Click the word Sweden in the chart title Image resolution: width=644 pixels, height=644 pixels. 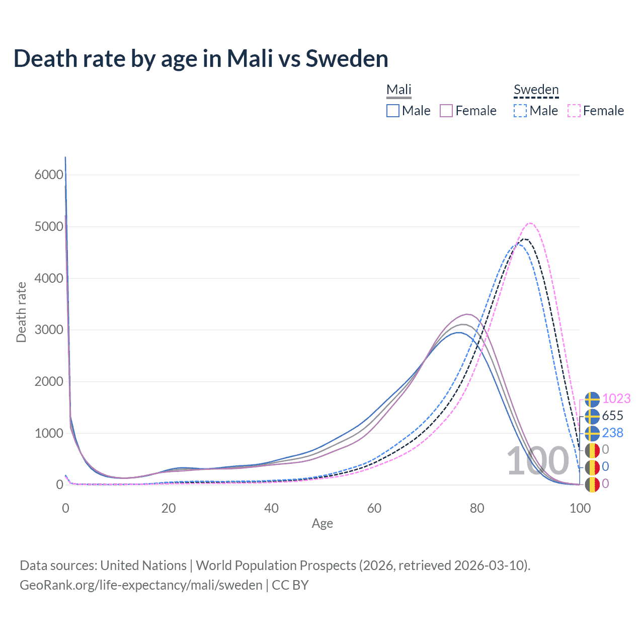pyautogui.click(x=347, y=59)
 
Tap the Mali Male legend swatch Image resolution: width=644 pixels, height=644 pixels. pyautogui.click(x=393, y=111)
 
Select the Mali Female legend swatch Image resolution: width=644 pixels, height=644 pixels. pyautogui.click(x=446, y=111)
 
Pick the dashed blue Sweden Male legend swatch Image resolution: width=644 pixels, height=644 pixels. pyautogui.click(x=520, y=111)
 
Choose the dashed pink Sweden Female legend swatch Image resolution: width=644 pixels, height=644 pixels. pyautogui.click(x=574, y=111)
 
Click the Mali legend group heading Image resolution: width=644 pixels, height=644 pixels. pyautogui.click(x=399, y=90)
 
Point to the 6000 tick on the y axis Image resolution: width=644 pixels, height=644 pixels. pyautogui.click(x=49, y=175)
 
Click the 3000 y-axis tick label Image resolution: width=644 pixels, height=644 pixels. pyautogui.click(x=49, y=330)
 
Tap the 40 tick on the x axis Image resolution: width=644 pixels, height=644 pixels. pyautogui.click(x=271, y=508)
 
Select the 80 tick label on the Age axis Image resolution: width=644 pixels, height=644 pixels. pyautogui.click(x=477, y=508)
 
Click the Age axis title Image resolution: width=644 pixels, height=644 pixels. pyautogui.click(x=322, y=524)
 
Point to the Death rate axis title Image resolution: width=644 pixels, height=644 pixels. pyautogui.click(x=21, y=312)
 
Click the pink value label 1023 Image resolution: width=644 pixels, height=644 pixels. pyautogui.click(x=616, y=399)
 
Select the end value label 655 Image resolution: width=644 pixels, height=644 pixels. pyautogui.click(x=612, y=416)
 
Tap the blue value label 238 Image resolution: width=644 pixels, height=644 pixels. pyautogui.click(x=612, y=433)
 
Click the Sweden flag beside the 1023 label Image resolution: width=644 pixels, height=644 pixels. pyautogui.click(x=592, y=399)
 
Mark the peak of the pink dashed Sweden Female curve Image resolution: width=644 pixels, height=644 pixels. pyautogui.click(x=530, y=223)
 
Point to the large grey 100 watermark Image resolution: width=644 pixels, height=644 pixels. pyautogui.click(x=537, y=461)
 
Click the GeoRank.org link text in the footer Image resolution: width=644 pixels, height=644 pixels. pyautogui.click(x=141, y=585)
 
